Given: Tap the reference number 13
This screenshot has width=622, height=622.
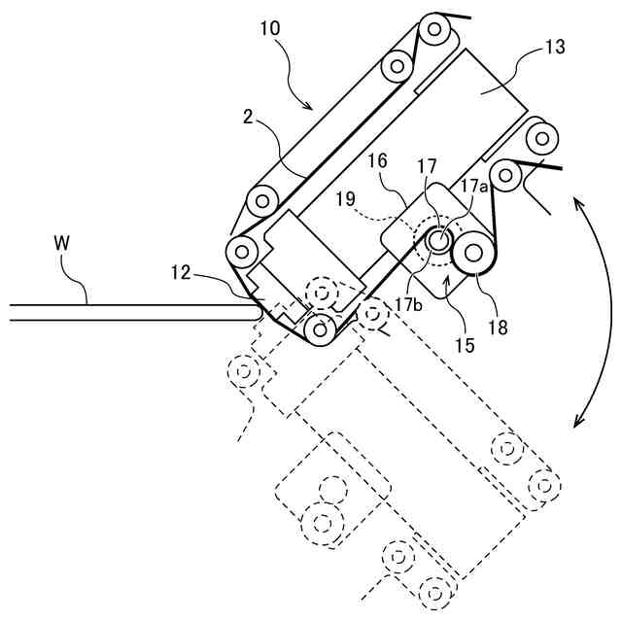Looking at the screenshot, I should tap(555, 46).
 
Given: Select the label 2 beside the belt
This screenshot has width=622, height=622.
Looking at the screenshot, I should tap(249, 117).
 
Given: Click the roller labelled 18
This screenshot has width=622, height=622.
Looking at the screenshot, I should tap(474, 255).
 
